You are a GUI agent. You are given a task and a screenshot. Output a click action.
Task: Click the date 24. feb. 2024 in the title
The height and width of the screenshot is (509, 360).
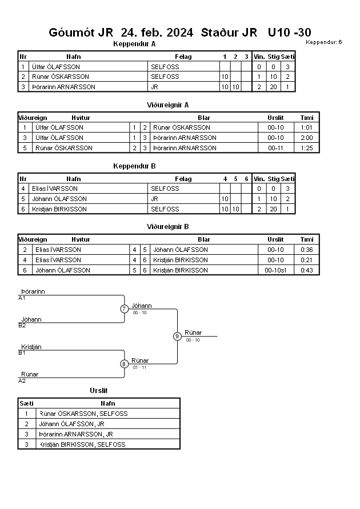point(157,33)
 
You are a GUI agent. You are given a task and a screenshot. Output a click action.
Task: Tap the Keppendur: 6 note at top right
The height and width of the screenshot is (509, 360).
point(323,42)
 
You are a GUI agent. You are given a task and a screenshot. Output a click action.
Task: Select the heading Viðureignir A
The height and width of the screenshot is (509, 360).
point(167,105)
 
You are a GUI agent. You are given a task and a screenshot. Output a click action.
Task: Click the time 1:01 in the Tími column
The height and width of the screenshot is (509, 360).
point(306,127)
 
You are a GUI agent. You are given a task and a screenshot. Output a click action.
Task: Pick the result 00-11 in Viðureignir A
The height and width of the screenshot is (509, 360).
point(275,148)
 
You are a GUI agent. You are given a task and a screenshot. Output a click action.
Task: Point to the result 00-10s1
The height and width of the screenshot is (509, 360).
point(275,270)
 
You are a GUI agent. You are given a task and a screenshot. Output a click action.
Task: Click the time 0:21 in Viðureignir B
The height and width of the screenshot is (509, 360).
point(306,260)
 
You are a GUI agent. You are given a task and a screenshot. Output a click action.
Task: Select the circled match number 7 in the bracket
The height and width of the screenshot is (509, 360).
point(124,308)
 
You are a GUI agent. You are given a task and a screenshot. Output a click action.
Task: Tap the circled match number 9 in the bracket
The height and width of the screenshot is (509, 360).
point(177,336)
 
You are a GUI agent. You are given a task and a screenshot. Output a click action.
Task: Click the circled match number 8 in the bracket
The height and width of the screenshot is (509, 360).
point(124,364)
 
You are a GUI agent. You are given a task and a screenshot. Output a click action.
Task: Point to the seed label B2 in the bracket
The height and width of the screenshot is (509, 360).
point(22,326)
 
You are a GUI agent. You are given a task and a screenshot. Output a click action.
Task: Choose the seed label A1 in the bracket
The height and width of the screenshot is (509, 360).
point(22,298)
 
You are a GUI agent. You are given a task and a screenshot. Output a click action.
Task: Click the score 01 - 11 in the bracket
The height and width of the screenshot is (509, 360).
point(139,367)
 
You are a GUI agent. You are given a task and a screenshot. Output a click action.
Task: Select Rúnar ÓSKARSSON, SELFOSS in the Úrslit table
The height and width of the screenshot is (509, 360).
point(83,414)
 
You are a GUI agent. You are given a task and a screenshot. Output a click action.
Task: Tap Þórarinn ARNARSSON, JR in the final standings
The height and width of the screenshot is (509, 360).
point(76,434)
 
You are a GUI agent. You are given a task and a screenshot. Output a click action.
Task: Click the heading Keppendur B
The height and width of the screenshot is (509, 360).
point(134,166)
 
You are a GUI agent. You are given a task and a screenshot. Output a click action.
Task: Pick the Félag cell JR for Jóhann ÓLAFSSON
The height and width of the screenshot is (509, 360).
point(154,199)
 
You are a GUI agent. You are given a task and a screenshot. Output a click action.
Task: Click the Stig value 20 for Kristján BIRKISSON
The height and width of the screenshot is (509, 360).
point(273,209)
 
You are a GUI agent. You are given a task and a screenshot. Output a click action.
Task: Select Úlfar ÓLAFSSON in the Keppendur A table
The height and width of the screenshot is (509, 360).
point(56,67)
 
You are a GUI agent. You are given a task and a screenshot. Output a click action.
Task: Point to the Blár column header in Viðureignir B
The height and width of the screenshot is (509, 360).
point(204,239)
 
